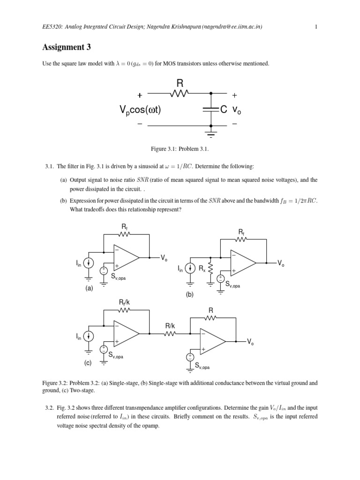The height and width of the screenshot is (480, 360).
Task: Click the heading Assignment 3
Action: click(x=66, y=47)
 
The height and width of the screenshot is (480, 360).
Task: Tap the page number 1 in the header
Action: click(x=317, y=27)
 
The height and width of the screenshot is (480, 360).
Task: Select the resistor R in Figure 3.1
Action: click(x=179, y=93)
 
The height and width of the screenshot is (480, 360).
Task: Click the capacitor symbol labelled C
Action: click(x=211, y=110)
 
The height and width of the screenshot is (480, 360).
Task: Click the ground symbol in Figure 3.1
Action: click(x=211, y=135)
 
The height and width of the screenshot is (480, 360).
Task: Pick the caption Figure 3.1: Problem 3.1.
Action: click(x=180, y=149)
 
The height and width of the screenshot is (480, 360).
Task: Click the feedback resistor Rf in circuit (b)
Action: click(x=241, y=240)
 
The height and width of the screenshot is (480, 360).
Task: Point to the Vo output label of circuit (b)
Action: click(x=280, y=264)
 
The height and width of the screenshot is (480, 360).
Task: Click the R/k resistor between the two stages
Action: click(x=169, y=334)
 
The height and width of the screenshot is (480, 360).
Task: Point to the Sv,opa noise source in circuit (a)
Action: click(x=103, y=270)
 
